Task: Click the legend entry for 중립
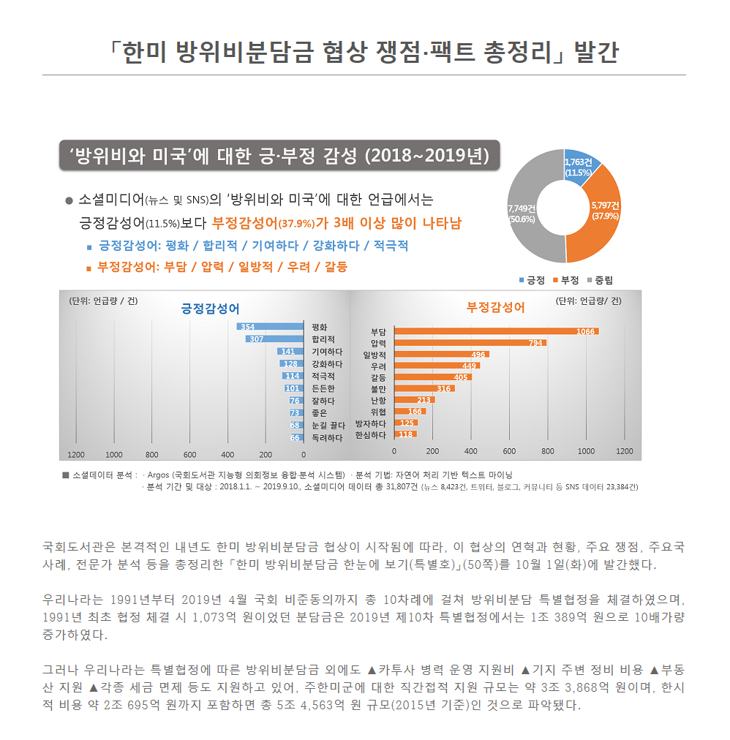pyautogui.click(x=599, y=280)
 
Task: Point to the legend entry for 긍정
pyautogui.click(x=532, y=280)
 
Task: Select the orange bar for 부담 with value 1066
pyautogui.click(x=497, y=331)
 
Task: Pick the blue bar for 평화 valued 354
pyautogui.click(x=270, y=327)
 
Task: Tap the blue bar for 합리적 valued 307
pyautogui.click(x=274, y=339)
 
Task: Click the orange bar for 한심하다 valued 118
pyautogui.click(x=405, y=434)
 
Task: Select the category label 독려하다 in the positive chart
pyautogui.click(x=327, y=437)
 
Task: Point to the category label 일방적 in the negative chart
pyautogui.click(x=375, y=355)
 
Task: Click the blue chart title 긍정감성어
pyautogui.click(x=209, y=308)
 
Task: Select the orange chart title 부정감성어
pyautogui.click(x=495, y=308)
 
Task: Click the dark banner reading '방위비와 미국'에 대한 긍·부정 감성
pyautogui.click(x=279, y=155)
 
